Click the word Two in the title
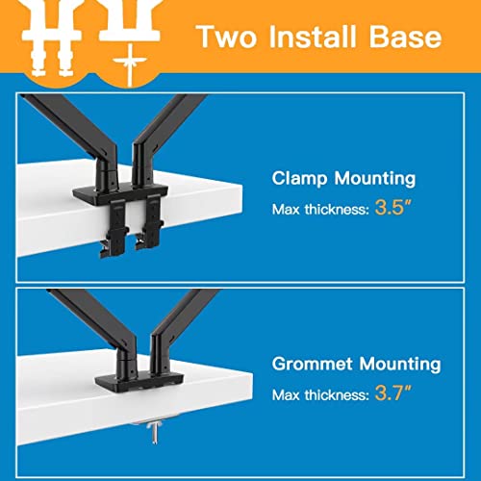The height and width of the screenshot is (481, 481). [x=227, y=37]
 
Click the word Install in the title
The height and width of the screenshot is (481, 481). [x=313, y=37]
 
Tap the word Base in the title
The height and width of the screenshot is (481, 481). [x=405, y=37]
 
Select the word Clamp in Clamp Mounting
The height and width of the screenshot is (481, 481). [x=299, y=179]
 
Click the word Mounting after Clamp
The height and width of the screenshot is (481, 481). [x=375, y=179]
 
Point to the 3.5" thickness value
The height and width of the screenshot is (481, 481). [x=392, y=208]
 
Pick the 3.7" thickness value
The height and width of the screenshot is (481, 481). [x=392, y=392]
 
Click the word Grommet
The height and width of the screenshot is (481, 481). [x=313, y=364]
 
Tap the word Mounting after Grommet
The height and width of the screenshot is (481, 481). [x=400, y=365]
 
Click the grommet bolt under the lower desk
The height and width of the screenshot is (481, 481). [x=155, y=431]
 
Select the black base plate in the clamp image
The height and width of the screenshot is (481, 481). [x=120, y=194]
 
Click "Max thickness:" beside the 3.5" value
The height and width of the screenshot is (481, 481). [x=320, y=210]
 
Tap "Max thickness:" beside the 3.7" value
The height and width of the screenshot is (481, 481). [x=320, y=395]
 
